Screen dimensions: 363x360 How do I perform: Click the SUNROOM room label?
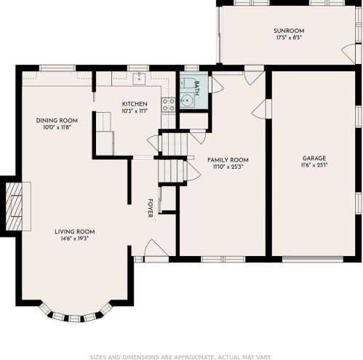click(289, 31)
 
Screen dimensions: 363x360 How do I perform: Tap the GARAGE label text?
click(314, 159)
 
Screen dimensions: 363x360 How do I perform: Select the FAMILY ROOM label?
click(228, 160)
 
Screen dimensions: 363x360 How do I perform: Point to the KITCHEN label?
click(135, 104)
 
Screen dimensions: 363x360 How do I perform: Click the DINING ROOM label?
click(57, 121)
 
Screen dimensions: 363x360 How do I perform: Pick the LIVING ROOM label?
click(75, 231)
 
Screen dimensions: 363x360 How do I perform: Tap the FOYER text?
click(151, 208)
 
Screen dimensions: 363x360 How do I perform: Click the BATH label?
click(197, 88)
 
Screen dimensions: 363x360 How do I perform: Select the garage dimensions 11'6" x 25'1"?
click(314, 165)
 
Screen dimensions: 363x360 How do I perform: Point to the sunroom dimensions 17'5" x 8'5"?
click(289, 38)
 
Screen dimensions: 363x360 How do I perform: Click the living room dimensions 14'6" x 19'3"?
click(75, 239)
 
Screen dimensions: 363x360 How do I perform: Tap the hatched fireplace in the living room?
click(14, 207)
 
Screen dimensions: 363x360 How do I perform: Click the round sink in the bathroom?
click(187, 100)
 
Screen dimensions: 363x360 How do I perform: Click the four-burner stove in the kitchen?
click(168, 105)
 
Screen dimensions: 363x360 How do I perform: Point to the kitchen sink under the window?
click(139, 79)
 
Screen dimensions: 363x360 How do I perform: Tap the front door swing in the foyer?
click(156, 248)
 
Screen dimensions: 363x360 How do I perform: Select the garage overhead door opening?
click(313, 259)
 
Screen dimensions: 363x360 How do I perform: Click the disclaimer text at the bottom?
click(180, 357)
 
